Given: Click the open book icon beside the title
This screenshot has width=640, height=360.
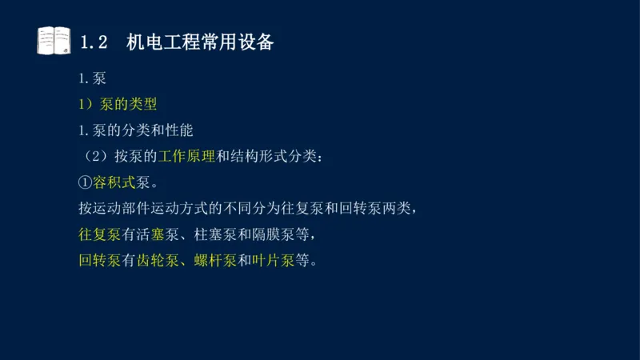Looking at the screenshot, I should (x=54, y=41).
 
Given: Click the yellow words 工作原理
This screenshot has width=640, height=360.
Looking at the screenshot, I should (x=186, y=156).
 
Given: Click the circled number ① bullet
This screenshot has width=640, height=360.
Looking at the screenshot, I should (x=85, y=182).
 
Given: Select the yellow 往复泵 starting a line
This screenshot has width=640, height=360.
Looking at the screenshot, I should (x=99, y=234).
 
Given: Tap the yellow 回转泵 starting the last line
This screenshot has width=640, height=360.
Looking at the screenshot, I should (x=99, y=260).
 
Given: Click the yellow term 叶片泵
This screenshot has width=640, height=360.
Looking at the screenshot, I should (x=274, y=260).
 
